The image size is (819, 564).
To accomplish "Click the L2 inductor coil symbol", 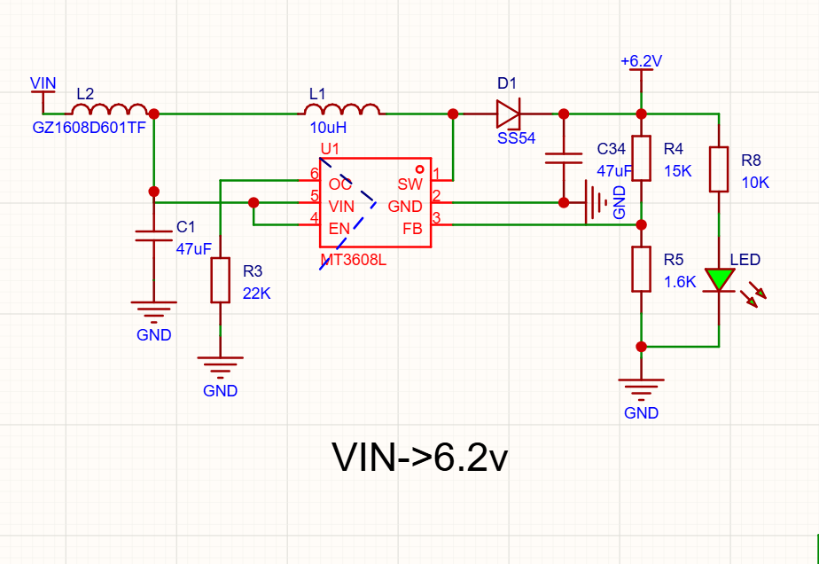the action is coord(109,109).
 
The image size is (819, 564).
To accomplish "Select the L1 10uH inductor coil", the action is coord(341,109).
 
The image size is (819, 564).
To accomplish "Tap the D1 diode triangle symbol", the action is coord(508,114).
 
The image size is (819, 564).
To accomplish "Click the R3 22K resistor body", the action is coord(220,279).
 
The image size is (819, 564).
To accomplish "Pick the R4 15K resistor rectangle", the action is coord(641,159).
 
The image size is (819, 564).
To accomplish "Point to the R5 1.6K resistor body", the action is coord(641,270).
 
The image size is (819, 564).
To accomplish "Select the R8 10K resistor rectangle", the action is coord(719,169).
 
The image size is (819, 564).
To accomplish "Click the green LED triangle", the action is coord(719,279).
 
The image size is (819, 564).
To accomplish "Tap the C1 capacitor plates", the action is coord(153,236).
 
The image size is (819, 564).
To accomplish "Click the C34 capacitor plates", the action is coord(564,159).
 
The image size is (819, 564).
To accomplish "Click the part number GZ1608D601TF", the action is coord(89,128).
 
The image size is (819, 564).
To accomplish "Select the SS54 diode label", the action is coord(516,138).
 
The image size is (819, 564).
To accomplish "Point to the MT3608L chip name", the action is coord(353,260).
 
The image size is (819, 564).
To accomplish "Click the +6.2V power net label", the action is coord(641,61).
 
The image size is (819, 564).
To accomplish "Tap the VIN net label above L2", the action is coord(43,83).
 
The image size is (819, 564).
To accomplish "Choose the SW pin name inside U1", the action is coord(409,184).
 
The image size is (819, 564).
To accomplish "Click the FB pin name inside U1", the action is coord(413,229).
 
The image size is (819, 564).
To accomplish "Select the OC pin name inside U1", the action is coord(340,184).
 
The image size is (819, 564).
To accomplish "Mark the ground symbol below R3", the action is coord(220,367).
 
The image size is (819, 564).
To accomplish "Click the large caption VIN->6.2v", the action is coord(419,458).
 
